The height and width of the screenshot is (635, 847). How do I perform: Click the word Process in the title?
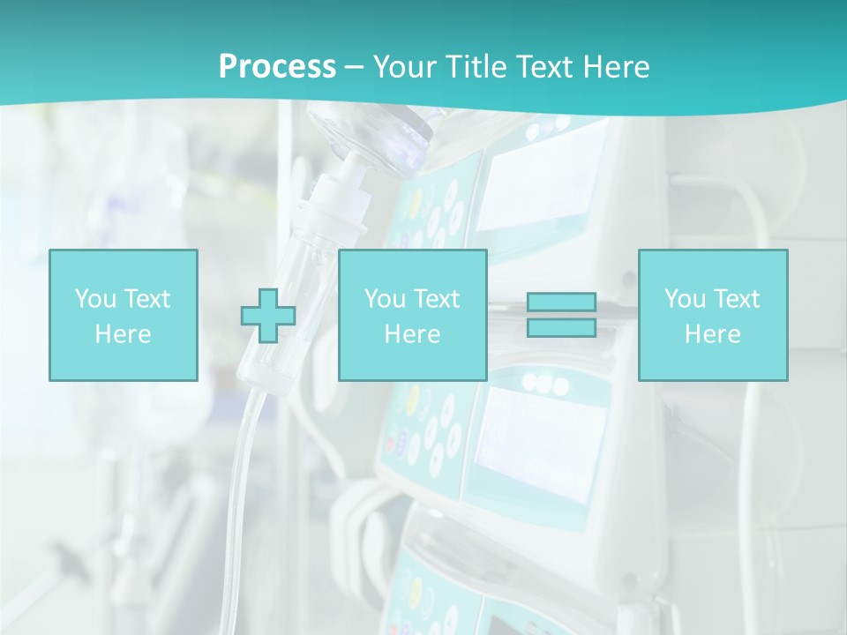tap(277, 66)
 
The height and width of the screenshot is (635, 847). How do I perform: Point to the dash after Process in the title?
tap(354, 67)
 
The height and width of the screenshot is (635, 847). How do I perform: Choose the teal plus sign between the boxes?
tap(268, 316)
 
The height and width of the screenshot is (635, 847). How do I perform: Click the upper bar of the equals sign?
tap(561, 303)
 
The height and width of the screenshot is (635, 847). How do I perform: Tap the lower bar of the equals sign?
tap(561, 327)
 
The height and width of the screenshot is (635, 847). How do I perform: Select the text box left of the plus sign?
tap(123, 315)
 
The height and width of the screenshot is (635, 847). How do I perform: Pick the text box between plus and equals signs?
tap(412, 315)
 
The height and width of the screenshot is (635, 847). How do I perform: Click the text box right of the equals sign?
tap(712, 315)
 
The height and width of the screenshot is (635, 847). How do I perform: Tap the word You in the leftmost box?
tap(95, 299)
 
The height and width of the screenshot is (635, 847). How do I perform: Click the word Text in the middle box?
tap(437, 299)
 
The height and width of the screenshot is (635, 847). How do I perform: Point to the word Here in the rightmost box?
tap(712, 333)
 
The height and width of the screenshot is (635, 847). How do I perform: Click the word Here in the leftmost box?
tap(123, 333)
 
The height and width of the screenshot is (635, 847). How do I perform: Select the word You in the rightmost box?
tap(685, 299)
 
